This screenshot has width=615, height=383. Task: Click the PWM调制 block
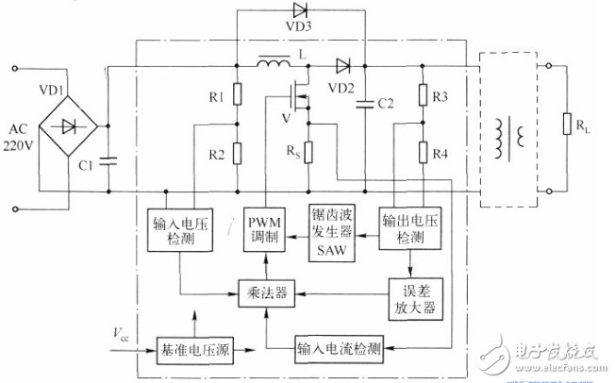click(x=264, y=229)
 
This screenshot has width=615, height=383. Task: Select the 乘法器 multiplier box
click(x=267, y=293)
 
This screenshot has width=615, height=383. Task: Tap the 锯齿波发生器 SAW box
click(x=332, y=233)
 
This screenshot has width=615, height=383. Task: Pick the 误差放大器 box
click(x=416, y=299)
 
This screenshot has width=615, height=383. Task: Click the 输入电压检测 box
click(x=180, y=230)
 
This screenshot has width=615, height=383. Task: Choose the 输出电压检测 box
click(x=410, y=228)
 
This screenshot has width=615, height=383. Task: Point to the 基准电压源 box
click(x=195, y=350)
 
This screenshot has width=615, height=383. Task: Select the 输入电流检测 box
click(x=339, y=348)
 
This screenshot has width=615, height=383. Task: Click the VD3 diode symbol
click(x=300, y=9)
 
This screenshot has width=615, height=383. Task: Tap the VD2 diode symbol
click(x=342, y=66)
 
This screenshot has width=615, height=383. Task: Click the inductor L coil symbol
click(x=274, y=61)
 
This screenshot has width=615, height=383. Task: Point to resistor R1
click(x=238, y=94)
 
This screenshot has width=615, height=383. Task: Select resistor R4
click(x=423, y=152)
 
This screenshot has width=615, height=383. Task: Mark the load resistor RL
click(x=567, y=124)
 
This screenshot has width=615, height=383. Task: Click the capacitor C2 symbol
click(x=365, y=105)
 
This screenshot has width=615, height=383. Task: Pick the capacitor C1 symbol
click(x=108, y=160)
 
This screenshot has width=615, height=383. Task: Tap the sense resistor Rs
click(x=308, y=152)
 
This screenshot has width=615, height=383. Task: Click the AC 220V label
click(x=19, y=138)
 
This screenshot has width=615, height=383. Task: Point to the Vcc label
click(x=121, y=334)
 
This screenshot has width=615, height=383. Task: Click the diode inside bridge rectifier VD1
click(x=69, y=126)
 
